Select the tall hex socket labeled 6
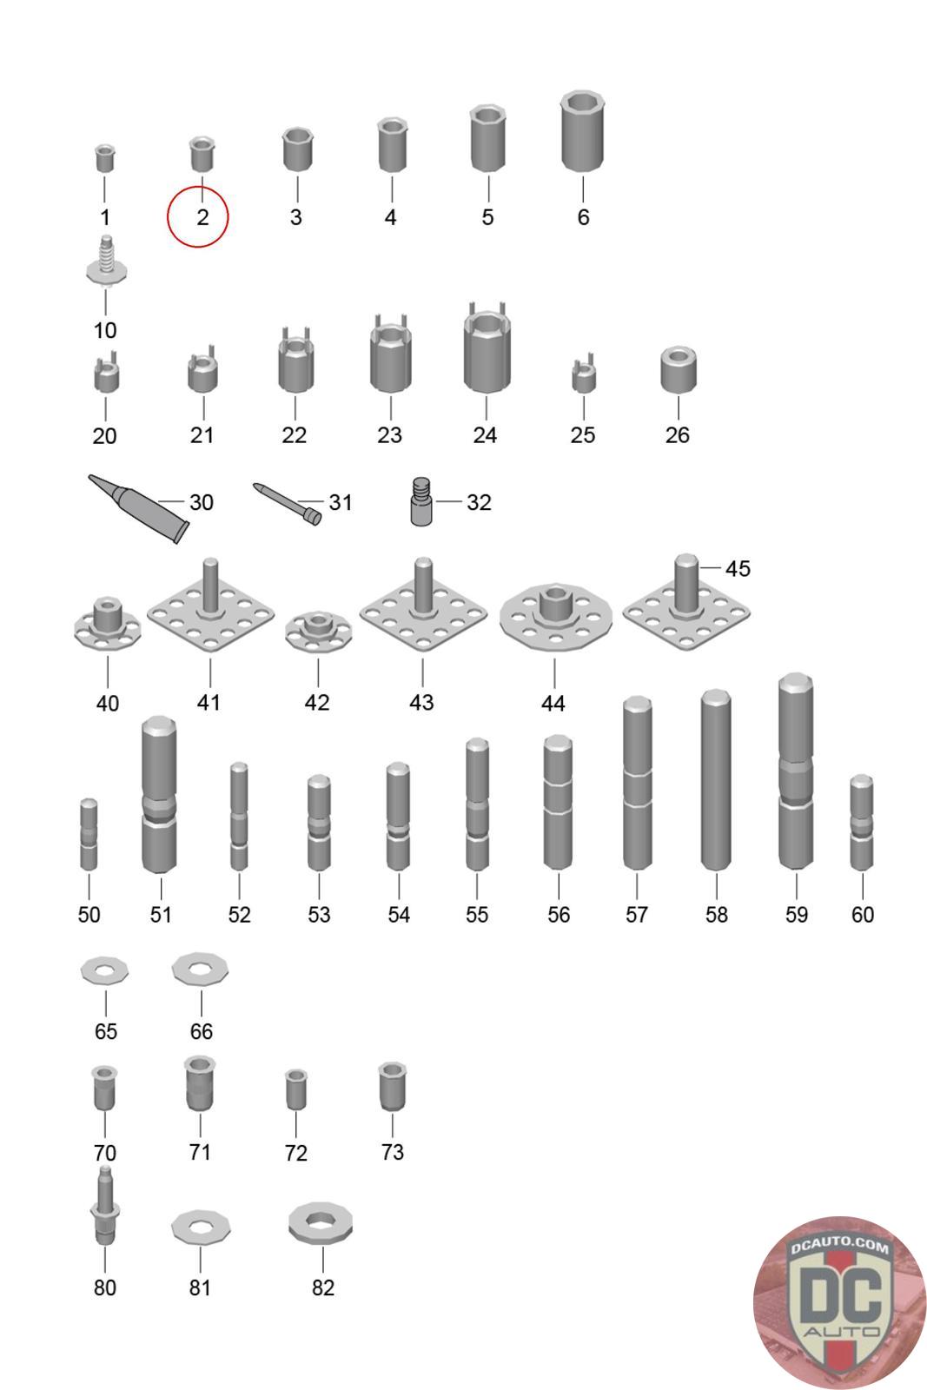point(582,132)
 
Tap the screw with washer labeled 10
point(106,261)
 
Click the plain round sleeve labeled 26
point(679,370)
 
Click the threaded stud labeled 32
point(421,501)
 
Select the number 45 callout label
point(738,568)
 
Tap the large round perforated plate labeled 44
point(556,617)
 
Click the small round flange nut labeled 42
point(318,632)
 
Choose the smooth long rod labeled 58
point(716,779)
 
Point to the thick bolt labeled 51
point(160,795)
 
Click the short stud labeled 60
point(862,822)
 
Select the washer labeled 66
point(201,969)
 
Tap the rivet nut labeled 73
point(392,1087)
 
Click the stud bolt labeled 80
point(105,1205)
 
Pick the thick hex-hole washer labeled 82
point(321,1223)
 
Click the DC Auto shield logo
point(839,1302)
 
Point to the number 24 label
point(485,435)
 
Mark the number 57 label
point(637,914)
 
